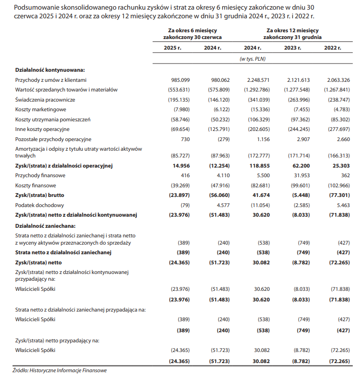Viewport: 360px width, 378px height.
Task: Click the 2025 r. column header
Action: pos(173,48)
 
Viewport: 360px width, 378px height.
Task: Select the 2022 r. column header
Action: pos(333,48)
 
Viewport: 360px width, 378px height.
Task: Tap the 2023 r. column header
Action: pos(293,48)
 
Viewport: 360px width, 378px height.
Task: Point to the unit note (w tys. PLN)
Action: pos(253,59)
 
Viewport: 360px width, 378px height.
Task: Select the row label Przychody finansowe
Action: pos(40,176)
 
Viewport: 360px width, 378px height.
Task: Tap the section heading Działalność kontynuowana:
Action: pos(50,70)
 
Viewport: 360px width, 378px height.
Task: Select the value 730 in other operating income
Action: pos(185,139)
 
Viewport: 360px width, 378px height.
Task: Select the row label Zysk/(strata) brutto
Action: pos(40,196)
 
